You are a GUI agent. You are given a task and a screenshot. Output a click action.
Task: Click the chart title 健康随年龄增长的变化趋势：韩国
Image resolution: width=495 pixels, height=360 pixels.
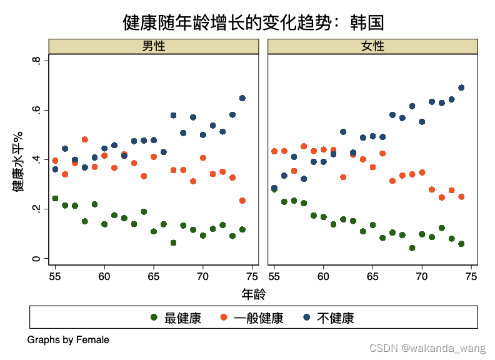(253, 23)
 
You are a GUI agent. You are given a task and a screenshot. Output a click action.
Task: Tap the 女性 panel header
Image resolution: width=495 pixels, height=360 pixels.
(372, 46)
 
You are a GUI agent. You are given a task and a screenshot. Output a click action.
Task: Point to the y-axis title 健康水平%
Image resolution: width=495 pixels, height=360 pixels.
(18, 162)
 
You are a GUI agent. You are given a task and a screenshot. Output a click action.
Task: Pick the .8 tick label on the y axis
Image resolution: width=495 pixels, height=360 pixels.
(38, 61)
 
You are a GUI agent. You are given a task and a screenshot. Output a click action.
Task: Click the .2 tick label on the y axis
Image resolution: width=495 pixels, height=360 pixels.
(38, 209)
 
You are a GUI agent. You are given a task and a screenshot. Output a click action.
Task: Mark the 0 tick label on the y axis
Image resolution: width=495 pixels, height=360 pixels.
(38, 258)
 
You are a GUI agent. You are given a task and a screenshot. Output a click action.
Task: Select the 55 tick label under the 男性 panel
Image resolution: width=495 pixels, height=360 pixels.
(55, 276)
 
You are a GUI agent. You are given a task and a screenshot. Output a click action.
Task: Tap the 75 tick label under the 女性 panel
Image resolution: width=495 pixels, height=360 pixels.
(471, 276)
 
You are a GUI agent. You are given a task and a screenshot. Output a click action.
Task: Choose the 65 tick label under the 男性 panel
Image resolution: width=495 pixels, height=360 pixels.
(154, 276)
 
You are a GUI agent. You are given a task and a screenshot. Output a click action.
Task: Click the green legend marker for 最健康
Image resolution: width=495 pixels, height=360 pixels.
(154, 317)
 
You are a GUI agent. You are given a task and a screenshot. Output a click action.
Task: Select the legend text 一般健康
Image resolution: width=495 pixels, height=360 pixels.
(258, 318)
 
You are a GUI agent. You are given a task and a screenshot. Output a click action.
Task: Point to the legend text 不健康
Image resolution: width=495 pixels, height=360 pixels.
(336, 318)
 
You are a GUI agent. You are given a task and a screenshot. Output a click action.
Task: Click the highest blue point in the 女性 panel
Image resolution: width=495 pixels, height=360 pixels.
(461, 88)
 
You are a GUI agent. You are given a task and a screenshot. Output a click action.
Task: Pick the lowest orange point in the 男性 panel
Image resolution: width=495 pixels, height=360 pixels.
(242, 201)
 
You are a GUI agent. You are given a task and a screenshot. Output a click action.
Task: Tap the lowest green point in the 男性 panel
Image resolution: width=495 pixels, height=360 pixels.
(173, 242)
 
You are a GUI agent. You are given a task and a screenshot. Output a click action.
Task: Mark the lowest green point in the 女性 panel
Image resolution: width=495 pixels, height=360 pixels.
(412, 248)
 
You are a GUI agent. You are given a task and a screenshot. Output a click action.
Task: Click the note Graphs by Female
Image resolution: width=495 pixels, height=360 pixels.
(68, 340)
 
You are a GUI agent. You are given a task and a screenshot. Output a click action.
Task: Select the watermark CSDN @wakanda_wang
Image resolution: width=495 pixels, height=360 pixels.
(427, 347)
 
